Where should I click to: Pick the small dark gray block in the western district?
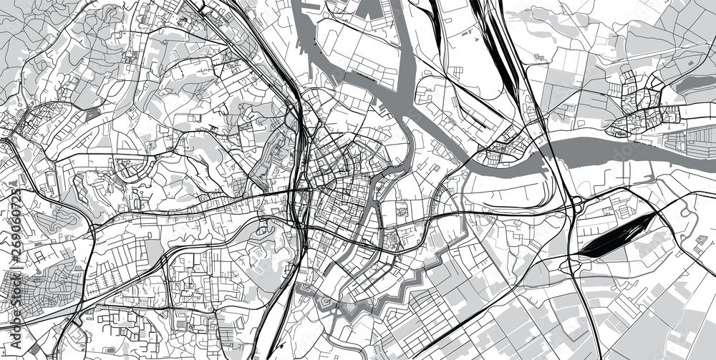point(92,113)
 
